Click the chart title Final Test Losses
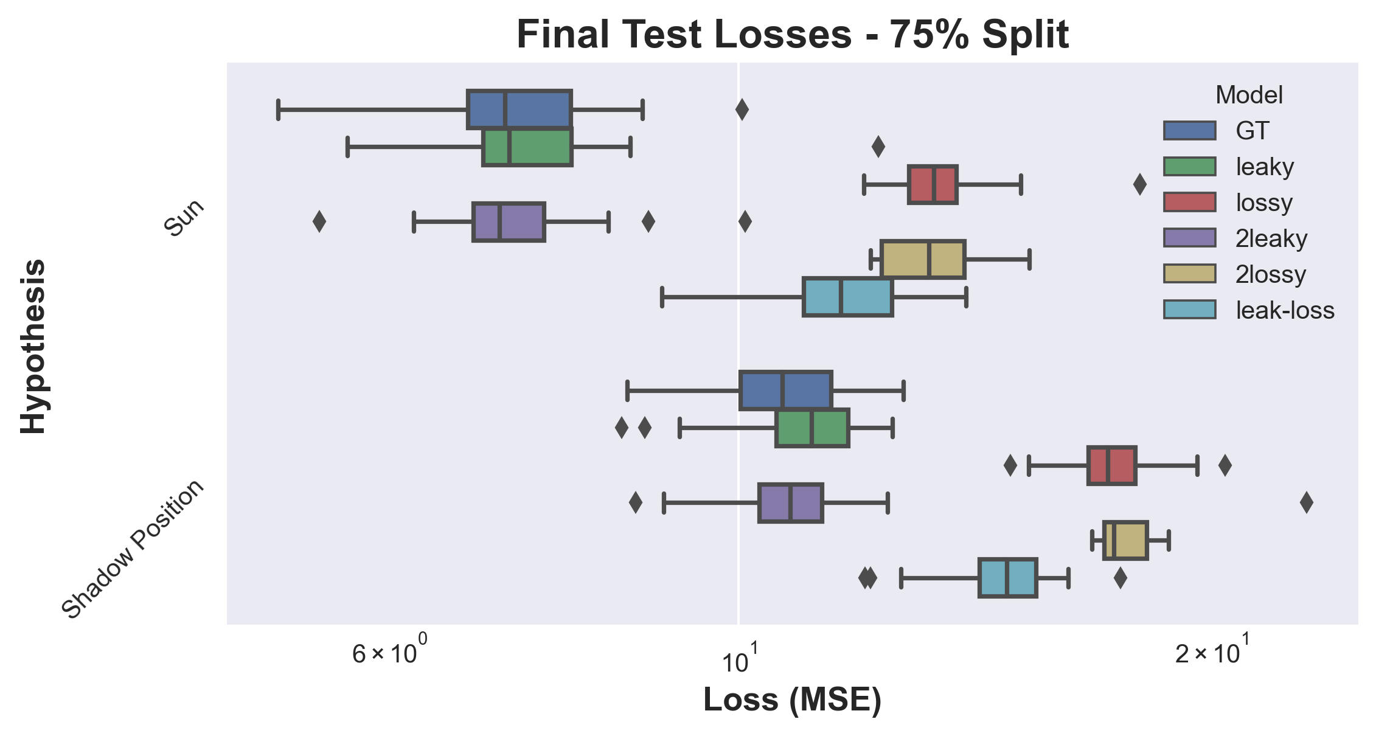point(684,35)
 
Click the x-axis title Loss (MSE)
point(792,700)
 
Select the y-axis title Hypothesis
point(33,346)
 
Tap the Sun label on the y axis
point(184,218)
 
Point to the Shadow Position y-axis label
point(133,549)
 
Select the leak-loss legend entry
point(1249,310)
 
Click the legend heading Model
point(1249,95)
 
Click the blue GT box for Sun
point(519,109)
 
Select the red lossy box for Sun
point(933,184)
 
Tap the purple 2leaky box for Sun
point(509,222)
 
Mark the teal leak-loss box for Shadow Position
point(1007,577)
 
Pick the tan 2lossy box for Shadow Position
point(1125,540)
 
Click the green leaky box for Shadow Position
point(812,428)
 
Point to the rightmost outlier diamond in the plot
point(1306,503)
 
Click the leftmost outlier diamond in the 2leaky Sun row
point(319,222)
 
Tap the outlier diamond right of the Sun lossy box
point(1140,184)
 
